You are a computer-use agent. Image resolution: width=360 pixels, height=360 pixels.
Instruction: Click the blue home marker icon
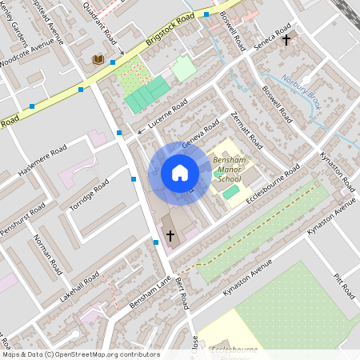coord(180,173)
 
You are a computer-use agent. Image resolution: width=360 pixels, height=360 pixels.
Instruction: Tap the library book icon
coord(98,59)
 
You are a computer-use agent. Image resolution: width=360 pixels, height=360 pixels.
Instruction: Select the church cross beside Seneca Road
coord(286,38)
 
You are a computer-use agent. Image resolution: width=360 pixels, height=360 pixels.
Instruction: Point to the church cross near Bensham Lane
coord(170,235)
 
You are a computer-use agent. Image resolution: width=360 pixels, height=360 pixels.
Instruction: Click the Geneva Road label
coord(200,134)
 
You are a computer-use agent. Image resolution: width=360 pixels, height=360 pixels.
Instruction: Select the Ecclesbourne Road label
coord(273,184)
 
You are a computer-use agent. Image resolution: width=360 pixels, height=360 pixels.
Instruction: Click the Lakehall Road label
coord(79,286)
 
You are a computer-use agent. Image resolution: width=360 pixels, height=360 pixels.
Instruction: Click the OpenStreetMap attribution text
coord(80,354)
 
